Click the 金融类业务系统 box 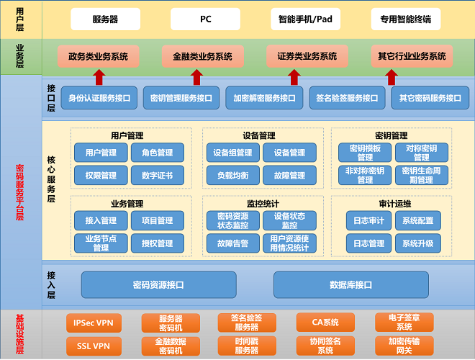point(197,56)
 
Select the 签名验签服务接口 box point(346,98)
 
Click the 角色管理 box point(157,153)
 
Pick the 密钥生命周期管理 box point(421,175)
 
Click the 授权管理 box point(157,243)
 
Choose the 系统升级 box point(417,243)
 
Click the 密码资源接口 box point(159,284)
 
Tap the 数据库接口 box point(350,284)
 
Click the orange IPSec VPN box point(94,323)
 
